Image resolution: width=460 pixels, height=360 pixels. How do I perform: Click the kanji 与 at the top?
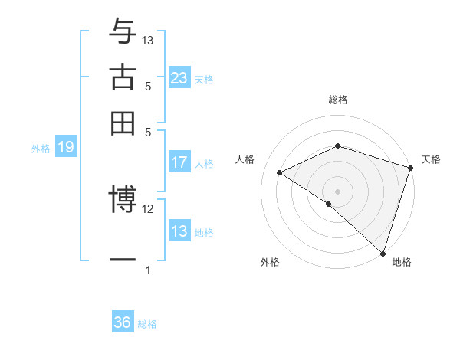click(x=123, y=31)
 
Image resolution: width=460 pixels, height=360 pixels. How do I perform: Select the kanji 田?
click(x=123, y=122)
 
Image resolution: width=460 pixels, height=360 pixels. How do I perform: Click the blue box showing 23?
click(x=179, y=78)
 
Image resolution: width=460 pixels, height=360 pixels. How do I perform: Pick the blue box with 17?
click(x=179, y=162)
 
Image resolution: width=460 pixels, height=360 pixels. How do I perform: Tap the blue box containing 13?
click(x=179, y=231)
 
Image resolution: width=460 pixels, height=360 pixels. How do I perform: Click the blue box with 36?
click(x=123, y=322)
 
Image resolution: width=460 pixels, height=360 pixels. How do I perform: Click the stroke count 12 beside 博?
click(x=148, y=208)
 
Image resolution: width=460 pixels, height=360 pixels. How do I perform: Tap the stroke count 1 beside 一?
click(x=148, y=270)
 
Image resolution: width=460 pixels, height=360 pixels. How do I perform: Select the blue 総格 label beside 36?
click(x=147, y=324)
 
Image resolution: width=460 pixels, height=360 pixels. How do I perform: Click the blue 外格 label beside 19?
click(x=41, y=149)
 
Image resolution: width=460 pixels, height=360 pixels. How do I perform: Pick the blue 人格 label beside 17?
click(x=204, y=164)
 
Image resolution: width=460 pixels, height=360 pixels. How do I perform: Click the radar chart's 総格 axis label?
click(x=338, y=100)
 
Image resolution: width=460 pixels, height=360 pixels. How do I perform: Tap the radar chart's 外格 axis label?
click(x=270, y=263)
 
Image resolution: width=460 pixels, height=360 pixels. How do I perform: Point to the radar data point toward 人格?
click(x=280, y=173)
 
